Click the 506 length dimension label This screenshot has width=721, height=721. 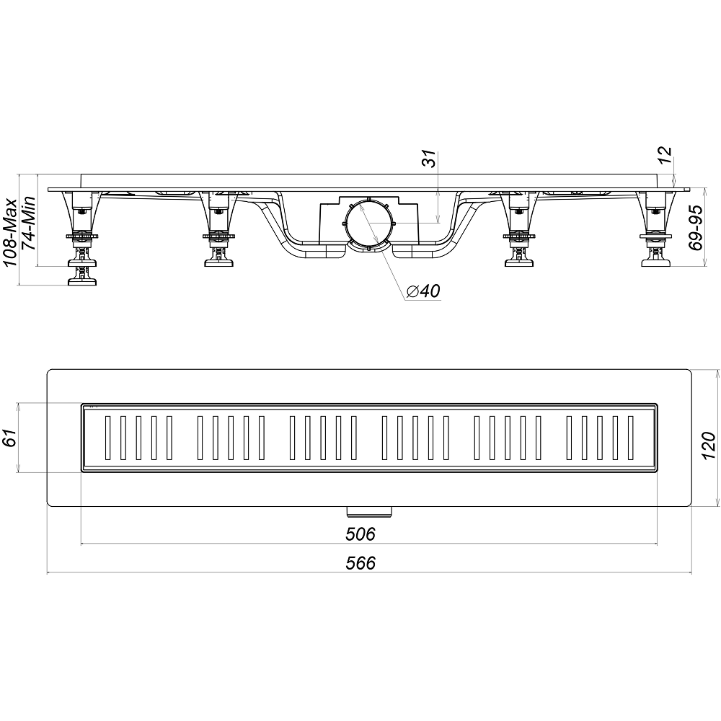pyautogui.click(x=360, y=534)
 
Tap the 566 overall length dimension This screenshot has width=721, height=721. pyautogui.click(x=360, y=563)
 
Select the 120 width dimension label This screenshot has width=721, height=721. pyautogui.click(x=709, y=446)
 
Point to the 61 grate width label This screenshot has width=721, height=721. pyautogui.click(x=10, y=438)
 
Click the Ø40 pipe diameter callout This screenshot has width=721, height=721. pyautogui.click(x=423, y=291)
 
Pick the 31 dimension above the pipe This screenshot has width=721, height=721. pyautogui.click(x=429, y=159)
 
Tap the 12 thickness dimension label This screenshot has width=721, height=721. pyautogui.click(x=665, y=155)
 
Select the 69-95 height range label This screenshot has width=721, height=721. pyautogui.click(x=696, y=228)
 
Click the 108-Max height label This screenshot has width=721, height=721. pyautogui.click(x=10, y=232)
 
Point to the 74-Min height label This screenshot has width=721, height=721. pyautogui.click(x=29, y=223)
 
